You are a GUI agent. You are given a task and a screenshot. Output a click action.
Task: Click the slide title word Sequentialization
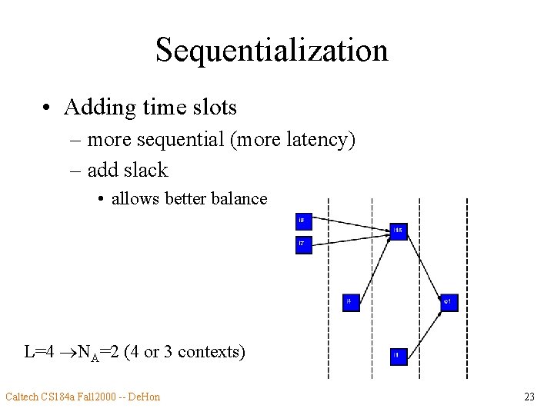pyautogui.click(x=272, y=51)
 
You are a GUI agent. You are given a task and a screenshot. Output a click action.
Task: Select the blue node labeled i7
pyautogui.click(x=304, y=245)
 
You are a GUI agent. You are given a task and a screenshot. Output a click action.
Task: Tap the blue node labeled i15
pyautogui.click(x=399, y=230)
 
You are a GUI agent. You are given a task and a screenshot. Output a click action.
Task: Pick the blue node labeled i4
pyautogui.click(x=351, y=303)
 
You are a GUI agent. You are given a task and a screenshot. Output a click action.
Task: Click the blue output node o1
pyautogui.click(x=449, y=303)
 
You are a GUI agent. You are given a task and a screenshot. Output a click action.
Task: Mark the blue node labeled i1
pyautogui.click(x=399, y=356)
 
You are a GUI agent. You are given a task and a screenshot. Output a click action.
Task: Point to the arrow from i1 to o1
pyautogui.click(x=424, y=329)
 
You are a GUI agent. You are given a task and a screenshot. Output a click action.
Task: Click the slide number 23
pyautogui.click(x=529, y=397)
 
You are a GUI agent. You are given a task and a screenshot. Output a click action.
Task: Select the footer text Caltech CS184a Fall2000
pyautogui.click(x=62, y=397)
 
